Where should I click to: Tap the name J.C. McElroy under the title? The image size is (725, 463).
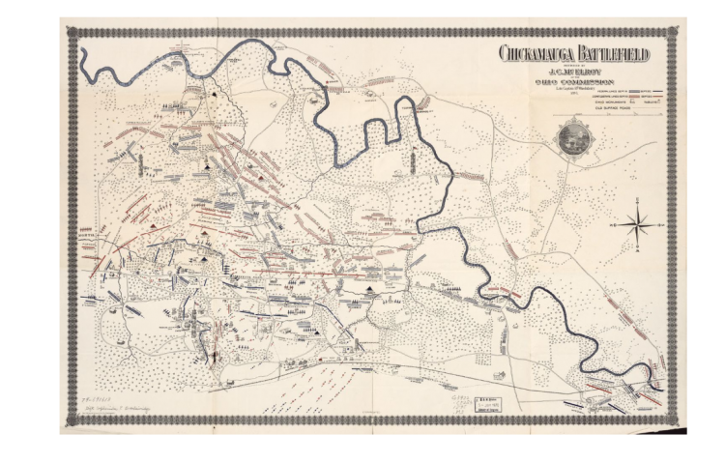pos(575,71)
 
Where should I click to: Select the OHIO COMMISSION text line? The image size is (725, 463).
pos(575,82)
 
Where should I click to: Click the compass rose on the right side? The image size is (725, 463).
pos(637,224)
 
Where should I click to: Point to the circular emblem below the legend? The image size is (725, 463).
pos(574,137)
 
